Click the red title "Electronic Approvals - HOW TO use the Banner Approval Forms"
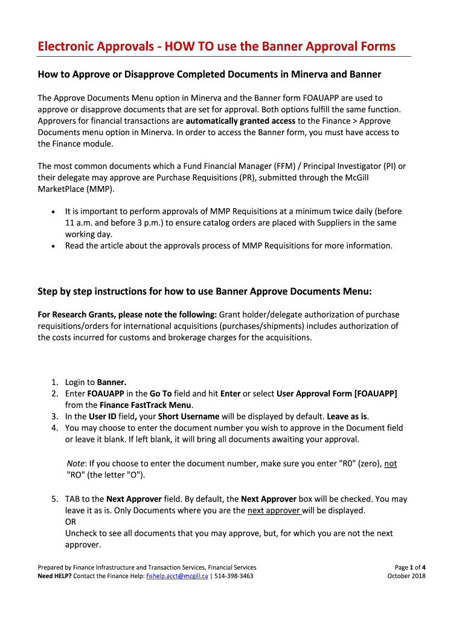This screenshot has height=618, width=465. point(217,46)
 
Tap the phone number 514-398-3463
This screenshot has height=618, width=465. point(234,576)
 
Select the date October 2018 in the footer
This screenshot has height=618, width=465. point(406,576)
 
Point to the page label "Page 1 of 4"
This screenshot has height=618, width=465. point(410,567)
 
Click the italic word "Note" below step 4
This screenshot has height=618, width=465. point(76,463)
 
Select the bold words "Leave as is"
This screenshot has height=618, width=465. point(347,416)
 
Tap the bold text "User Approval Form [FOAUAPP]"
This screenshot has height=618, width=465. point(336,393)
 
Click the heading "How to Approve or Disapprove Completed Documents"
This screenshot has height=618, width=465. point(210,74)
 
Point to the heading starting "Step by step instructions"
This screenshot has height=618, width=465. point(205,292)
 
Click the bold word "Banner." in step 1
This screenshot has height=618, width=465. point(112,382)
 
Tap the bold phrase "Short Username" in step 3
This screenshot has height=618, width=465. point(188,416)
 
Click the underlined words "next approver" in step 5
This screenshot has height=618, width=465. point(274,511)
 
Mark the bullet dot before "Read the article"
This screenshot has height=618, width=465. point(54,246)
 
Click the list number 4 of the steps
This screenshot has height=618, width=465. point(54,428)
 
